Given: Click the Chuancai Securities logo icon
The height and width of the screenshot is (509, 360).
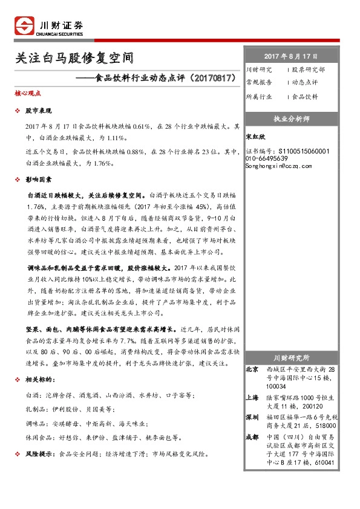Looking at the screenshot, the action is (x=24, y=27).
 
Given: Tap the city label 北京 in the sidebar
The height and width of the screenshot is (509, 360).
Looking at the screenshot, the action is (x=252, y=369).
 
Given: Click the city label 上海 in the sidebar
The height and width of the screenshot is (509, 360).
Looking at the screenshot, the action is (x=252, y=397).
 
